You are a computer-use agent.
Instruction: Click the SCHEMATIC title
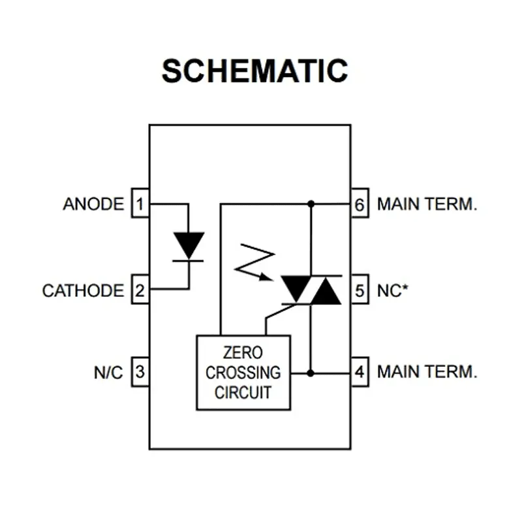[255, 70]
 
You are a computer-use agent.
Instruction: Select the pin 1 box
[140, 204]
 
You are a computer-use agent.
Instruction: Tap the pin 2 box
[140, 290]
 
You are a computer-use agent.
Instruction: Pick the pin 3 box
[140, 373]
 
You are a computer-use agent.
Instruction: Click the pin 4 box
[360, 373]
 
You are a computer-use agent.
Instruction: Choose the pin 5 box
[360, 290]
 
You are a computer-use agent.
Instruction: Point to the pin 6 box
[360, 204]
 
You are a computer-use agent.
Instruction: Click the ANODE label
[93, 204]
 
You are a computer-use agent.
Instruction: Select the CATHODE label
[83, 290]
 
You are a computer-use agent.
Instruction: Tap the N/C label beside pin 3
[108, 373]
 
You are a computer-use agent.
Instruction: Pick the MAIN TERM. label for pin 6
[427, 204]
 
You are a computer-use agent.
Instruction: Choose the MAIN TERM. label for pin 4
[427, 373]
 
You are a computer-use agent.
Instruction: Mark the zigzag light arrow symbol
[254, 261]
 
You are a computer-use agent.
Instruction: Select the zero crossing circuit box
[243, 373]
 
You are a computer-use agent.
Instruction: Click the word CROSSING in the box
[243, 373]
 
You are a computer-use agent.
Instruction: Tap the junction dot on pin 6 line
[311, 204]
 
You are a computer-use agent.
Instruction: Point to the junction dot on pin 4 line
[311, 373]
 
